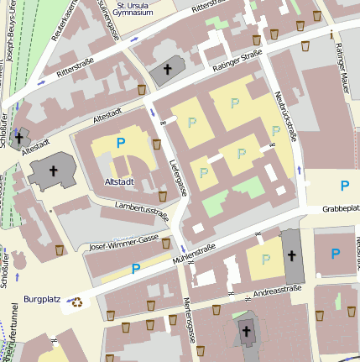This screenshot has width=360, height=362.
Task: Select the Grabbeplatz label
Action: (x=340, y=208)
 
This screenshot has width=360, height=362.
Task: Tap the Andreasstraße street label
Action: (x=278, y=291)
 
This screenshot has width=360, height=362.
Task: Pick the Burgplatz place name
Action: (x=42, y=298)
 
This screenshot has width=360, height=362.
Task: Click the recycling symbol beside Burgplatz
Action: (x=77, y=302)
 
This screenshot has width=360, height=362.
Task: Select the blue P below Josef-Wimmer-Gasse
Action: (x=135, y=269)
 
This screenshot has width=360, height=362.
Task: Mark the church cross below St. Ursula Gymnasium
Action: (x=168, y=70)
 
